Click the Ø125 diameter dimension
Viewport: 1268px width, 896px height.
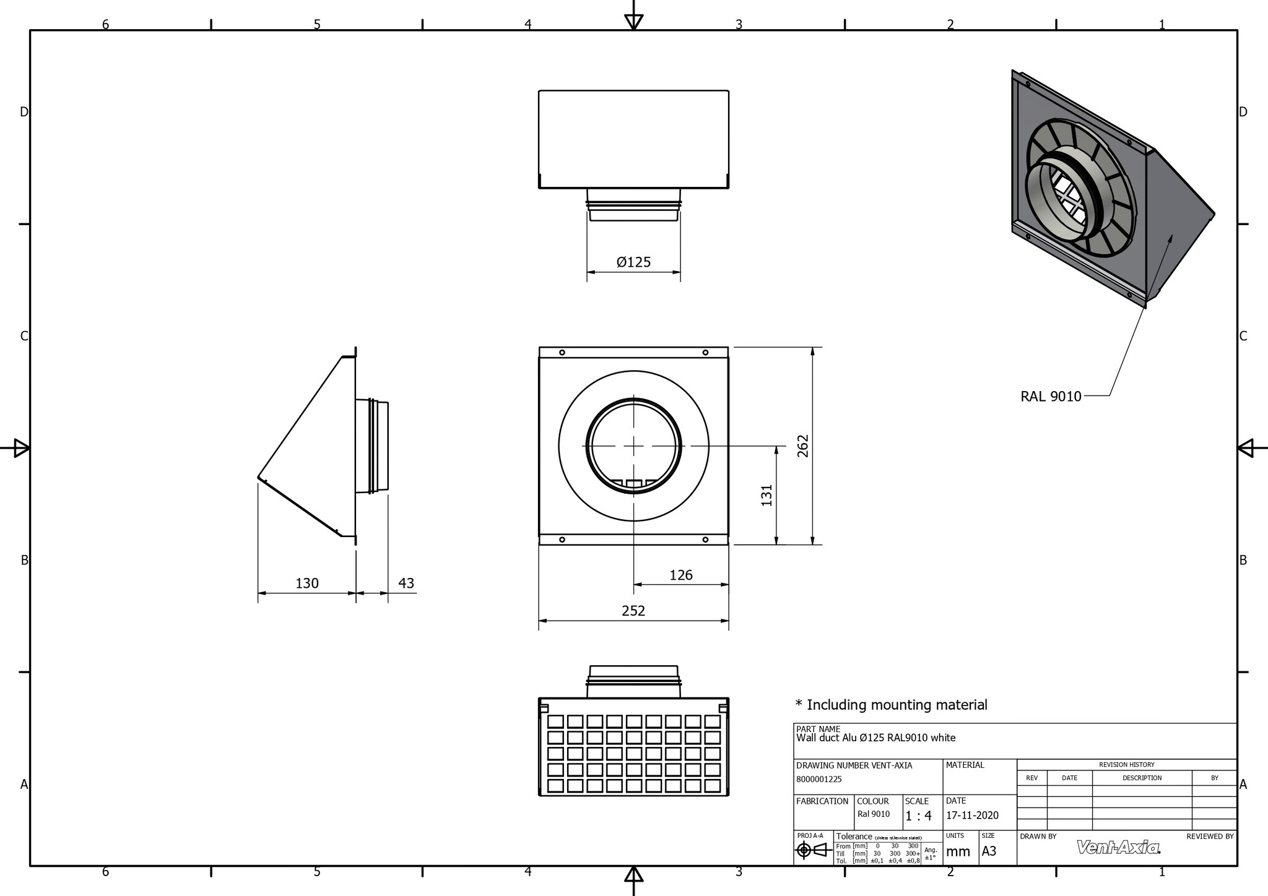tap(633, 262)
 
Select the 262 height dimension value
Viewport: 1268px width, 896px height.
tap(803, 446)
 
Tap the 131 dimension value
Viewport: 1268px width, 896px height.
tap(767, 495)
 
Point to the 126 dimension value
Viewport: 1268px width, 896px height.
tap(680, 575)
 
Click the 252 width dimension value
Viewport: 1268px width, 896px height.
tap(633, 611)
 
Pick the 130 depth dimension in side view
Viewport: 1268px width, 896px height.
tap(307, 584)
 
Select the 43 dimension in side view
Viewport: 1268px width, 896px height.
tap(406, 584)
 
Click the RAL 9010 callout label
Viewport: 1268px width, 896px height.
tap(1051, 397)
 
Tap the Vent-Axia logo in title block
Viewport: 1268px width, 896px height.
tap(1118, 848)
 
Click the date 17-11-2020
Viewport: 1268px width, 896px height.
tap(972, 816)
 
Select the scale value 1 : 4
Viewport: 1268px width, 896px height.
tap(918, 816)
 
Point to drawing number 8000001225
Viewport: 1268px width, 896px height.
tap(819, 780)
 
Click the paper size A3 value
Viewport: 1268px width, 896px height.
tap(989, 851)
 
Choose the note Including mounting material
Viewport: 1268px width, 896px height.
tap(892, 705)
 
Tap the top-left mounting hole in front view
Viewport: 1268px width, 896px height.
tap(562, 353)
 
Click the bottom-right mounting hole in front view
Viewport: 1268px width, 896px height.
tap(705, 540)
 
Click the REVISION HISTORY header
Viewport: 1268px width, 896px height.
tap(1126, 765)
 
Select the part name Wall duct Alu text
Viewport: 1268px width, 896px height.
tap(875, 738)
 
